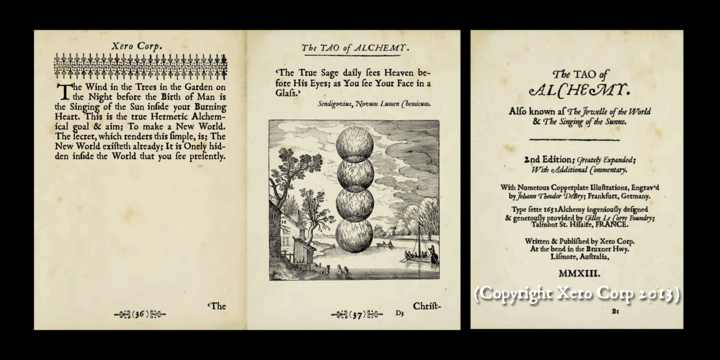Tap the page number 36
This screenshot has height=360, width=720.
point(139,314)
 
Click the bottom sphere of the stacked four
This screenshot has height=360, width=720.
point(355,235)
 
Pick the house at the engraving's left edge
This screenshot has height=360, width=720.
point(284,245)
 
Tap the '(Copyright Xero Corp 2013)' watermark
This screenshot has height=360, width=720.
point(578,294)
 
